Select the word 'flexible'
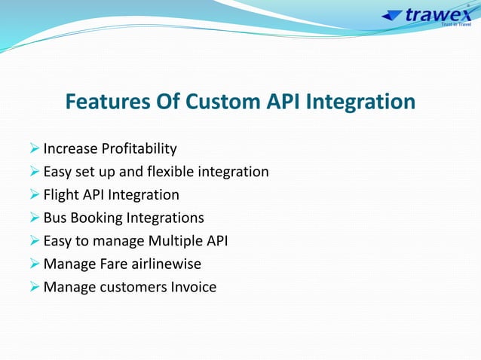169,172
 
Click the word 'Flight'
59,195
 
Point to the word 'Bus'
55,218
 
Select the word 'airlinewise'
164,264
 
